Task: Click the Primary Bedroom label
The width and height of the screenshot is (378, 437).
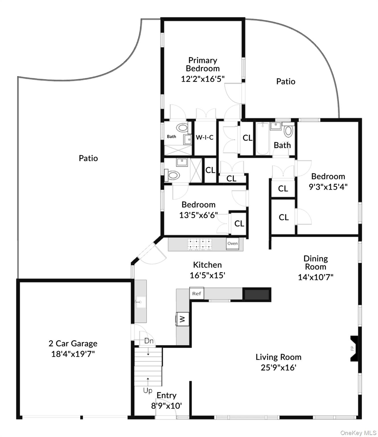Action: [203, 64]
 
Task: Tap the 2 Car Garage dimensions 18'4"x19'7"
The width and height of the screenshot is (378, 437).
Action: [73, 354]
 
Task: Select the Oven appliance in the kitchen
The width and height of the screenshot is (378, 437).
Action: [233, 244]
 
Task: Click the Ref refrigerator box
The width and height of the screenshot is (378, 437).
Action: [197, 293]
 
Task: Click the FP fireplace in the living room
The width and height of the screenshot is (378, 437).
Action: [354, 349]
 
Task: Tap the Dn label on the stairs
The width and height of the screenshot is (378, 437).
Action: [149, 341]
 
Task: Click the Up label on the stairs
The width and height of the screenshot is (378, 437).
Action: [147, 391]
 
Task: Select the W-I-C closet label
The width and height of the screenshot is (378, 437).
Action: [204, 137]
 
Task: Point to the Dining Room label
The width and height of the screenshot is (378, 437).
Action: [316, 263]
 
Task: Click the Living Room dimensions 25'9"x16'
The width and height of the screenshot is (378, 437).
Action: [278, 368]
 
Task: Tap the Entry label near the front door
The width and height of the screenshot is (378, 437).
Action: [167, 395]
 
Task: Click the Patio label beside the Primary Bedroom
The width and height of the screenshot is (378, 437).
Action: [286, 82]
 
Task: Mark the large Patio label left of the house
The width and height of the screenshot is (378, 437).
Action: [88, 158]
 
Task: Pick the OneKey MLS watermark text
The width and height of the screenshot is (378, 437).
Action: [358, 433]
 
